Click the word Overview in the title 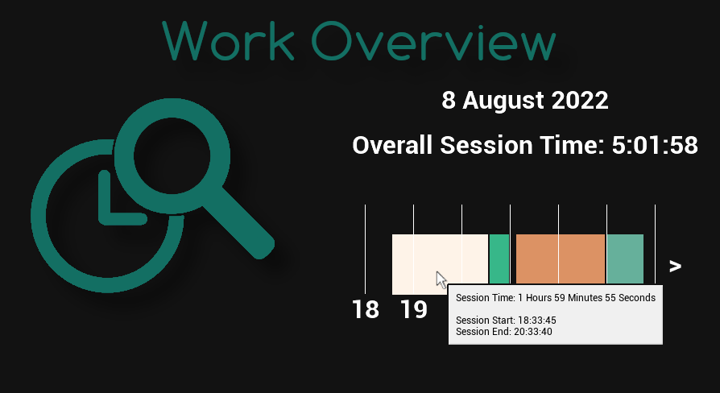click(434, 39)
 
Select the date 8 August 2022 click(524, 101)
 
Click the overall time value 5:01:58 click(654, 146)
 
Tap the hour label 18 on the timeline click(366, 309)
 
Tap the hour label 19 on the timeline click(414, 309)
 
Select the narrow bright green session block click(499, 259)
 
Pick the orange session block click(560, 259)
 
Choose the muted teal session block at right click(625, 259)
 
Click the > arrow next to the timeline click(675, 266)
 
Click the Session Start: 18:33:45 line click(506, 321)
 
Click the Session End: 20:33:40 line click(503, 331)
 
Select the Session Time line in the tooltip click(555, 298)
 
